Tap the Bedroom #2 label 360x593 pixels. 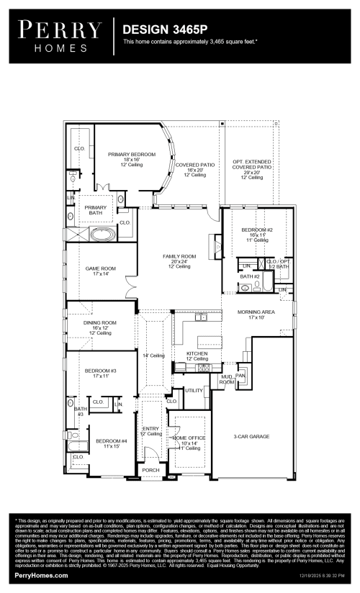tap(258, 234)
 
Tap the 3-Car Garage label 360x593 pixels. tap(251, 436)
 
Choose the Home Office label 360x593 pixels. tap(189, 440)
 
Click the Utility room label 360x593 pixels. tap(194, 390)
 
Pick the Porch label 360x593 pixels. tap(150, 470)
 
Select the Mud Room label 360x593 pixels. tap(227, 379)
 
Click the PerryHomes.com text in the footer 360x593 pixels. tap(41, 576)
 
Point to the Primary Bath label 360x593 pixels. tap(95, 210)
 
